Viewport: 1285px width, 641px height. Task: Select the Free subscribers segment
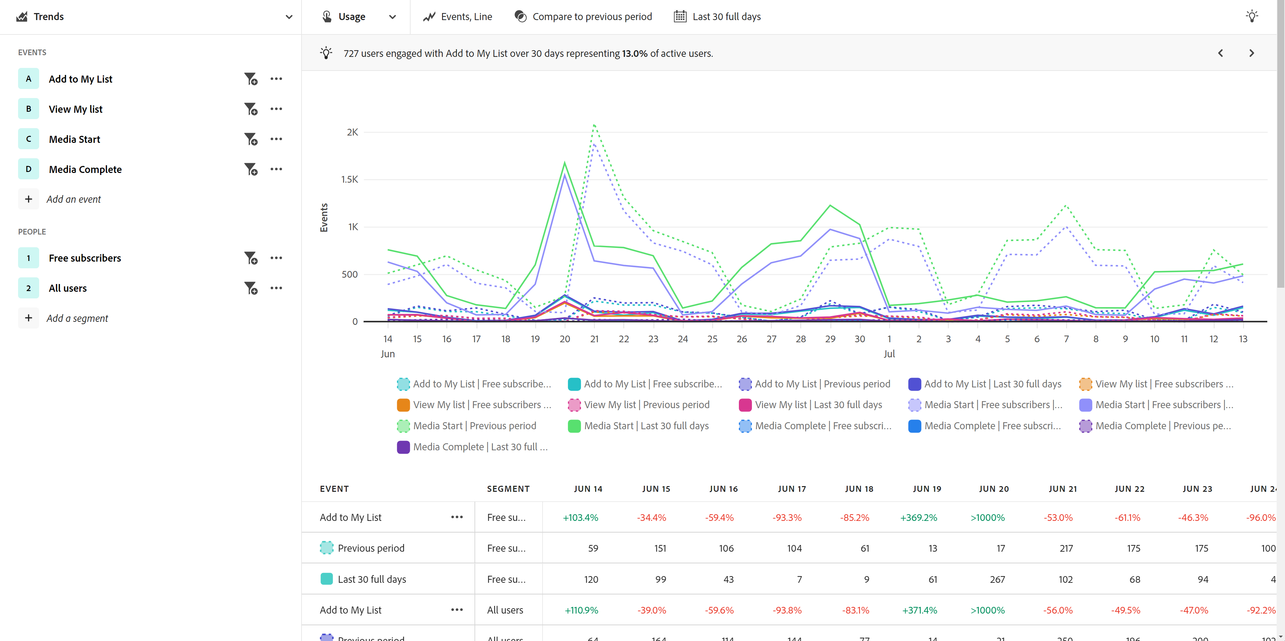(x=84, y=258)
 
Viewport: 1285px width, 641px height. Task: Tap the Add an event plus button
(x=28, y=199)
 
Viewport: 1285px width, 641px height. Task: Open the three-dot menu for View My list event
(x=276, y=109)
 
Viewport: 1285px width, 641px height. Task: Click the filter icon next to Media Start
(x=250, y=139)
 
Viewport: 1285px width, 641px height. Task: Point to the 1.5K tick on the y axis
(x=350, y=179)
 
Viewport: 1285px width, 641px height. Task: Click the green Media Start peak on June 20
(x=565, y=163)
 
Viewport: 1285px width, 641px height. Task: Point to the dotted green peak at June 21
(x=594, y=125)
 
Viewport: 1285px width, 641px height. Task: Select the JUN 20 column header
(x=994, y=489)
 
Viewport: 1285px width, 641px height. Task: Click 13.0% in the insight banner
(x=634, y=54)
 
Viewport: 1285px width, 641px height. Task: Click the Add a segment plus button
(x=28, y=318)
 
